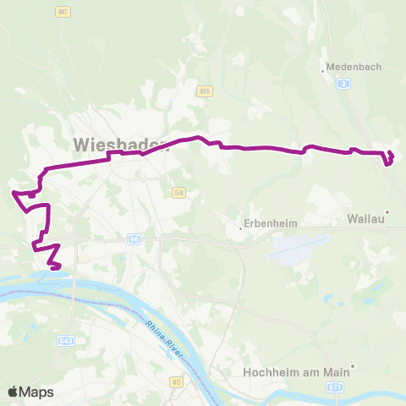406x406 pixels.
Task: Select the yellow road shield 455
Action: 205,91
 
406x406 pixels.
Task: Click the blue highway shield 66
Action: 134,240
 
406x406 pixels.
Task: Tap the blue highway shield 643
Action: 67,340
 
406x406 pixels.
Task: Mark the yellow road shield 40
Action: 176,383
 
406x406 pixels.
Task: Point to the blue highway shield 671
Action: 337,386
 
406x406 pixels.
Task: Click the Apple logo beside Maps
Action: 14,392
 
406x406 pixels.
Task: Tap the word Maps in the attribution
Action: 37,392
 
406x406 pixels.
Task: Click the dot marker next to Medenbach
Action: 325,70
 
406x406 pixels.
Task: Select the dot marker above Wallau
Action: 387,212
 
